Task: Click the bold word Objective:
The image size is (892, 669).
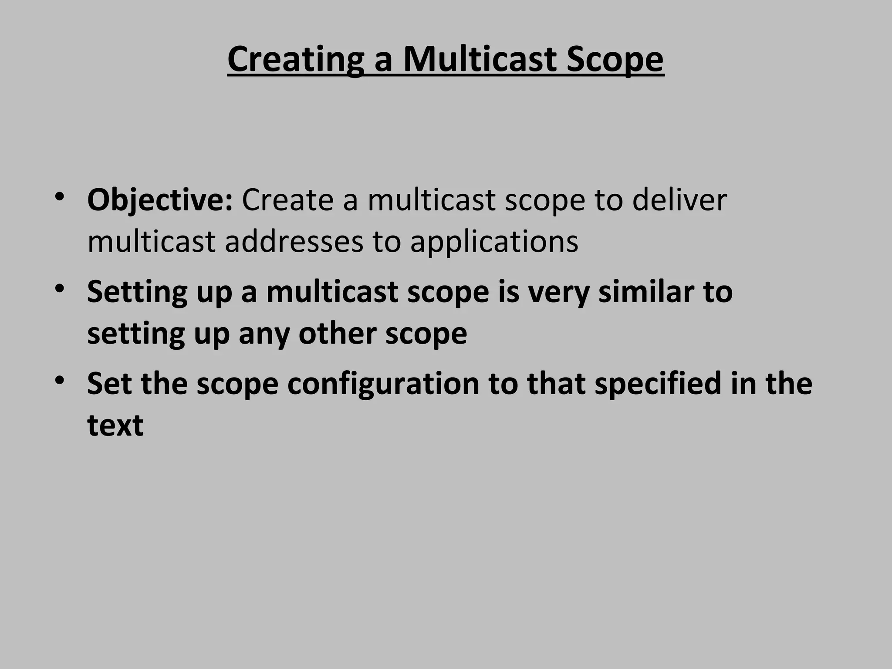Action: (x=160, y=200)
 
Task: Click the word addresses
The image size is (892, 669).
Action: (x=294, y=241)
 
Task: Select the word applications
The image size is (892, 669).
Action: (x=494, y=242)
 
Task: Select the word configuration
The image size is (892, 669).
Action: (x=383, y=384)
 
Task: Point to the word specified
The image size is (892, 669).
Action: (x=658, y=384)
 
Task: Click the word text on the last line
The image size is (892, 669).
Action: (x=115, y=425)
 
